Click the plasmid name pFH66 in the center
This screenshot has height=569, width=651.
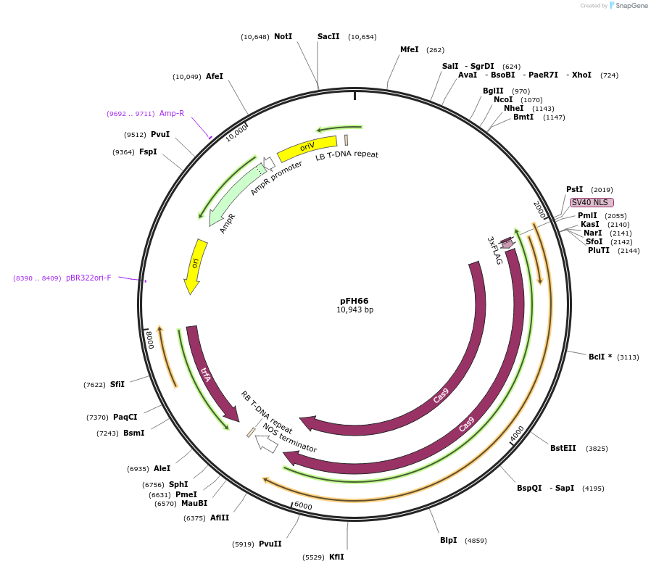click(x=354, y=300)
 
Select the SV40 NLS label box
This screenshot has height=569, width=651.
click(x=592, y=202)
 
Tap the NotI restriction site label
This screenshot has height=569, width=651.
click(x=283, y=36)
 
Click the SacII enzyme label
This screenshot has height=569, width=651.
click(x=328, y=36)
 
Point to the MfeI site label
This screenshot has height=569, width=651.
click(x=410, y=49)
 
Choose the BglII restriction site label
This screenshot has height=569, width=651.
click(x=493, y=91)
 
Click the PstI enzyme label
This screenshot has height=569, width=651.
click(x=575, y=189)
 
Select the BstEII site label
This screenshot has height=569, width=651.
click(x=563, y=448)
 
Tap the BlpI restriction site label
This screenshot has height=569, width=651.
click(x=449, y=540)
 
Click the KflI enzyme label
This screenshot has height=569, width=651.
click(x=336, y=557)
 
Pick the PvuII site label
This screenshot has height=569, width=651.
click(x=270, y=544)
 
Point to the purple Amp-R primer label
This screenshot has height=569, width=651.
click(x=172, y=113)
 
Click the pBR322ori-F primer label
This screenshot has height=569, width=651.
click(x=89, y=278)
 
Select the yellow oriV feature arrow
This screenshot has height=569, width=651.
click(x=307, y=148)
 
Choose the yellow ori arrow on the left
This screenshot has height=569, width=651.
click(x=196, y=265)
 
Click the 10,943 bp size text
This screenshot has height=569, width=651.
click(x=354, y=310)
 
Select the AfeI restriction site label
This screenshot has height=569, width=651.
click(x=215, y=76)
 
